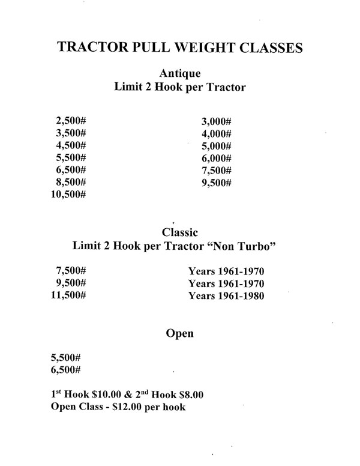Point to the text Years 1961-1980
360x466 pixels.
pos(226,295)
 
